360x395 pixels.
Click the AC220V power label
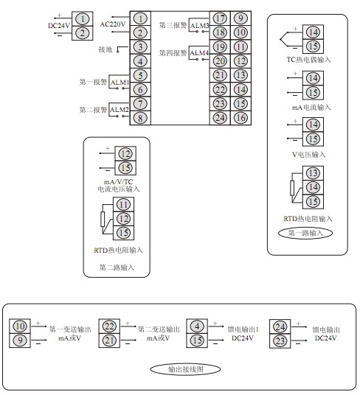113,24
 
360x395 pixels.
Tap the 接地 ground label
105,49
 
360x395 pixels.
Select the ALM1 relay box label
120,83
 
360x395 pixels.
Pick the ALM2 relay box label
120,110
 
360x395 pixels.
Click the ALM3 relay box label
199,26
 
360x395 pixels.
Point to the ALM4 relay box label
199,53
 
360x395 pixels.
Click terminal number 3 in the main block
140,47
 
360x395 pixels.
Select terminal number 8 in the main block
140,118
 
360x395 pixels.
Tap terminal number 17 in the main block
220,18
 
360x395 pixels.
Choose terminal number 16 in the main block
240,118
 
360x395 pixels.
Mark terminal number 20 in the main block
220,60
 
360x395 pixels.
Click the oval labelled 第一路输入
305,233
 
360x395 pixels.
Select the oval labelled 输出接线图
185,369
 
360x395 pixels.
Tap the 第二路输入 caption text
117,268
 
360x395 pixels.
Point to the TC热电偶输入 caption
308,60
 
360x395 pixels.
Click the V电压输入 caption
309,154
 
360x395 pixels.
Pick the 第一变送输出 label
70,329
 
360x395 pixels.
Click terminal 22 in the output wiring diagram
109,326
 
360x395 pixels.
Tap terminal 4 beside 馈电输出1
197,326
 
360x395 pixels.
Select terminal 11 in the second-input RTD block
123,205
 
